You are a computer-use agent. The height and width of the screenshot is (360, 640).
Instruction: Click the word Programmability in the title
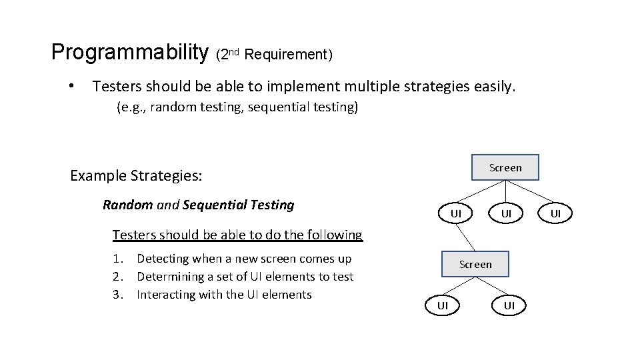click(x=129, y=52)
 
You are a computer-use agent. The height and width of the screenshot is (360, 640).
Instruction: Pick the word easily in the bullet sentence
click(x=494, y=86)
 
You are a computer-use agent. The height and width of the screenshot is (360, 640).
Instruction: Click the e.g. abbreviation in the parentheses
click(x=132, y=107)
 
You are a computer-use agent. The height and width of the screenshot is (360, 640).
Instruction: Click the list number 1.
click(x=119, y=259)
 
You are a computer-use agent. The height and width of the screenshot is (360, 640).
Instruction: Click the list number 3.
click(x=119, y=295)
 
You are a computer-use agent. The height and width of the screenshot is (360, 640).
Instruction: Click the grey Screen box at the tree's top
click(x=505, y=167)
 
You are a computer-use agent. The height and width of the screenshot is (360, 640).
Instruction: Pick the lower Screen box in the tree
click(x=475, y=264)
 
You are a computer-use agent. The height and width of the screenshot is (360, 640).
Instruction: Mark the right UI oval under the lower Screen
click(x=509, y=305)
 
